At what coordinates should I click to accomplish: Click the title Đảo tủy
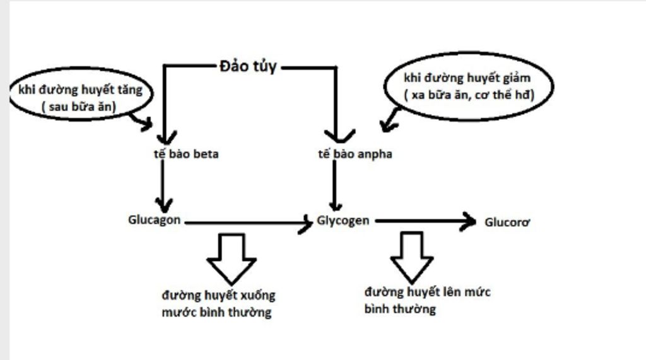click(248, 66)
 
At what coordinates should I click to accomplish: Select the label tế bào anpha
click(355, 154)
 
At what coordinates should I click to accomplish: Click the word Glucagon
click(155, 220)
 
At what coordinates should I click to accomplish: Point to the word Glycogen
click(343, 221)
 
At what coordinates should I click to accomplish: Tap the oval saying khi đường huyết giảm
click(468, 86)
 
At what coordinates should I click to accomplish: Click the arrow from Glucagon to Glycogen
click(246, 223)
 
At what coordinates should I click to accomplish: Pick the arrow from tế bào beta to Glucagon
click(163, 186)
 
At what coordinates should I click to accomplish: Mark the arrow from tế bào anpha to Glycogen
click(336, 186)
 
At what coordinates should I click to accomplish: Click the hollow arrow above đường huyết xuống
click(231, 257)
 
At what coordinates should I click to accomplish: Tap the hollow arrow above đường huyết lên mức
click(412, 256)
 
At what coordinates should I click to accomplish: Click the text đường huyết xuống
click(218, 295)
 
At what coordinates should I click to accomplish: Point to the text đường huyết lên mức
click(427, 293)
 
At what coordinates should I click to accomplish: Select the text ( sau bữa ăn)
click(78, 107)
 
